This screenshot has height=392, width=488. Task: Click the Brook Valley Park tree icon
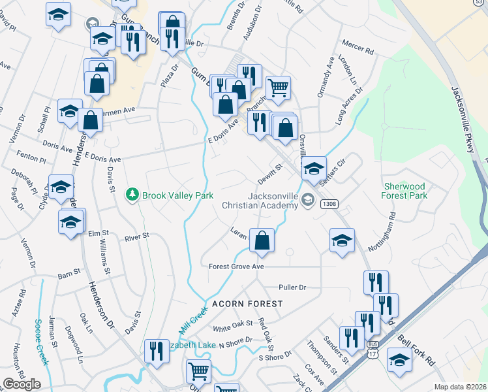(132, 195)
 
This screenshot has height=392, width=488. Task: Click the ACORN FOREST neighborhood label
(247, 304)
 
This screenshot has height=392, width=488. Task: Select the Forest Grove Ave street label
(236, 267)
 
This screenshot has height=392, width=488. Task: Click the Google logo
(22, 384)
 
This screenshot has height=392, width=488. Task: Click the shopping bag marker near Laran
(262, 240)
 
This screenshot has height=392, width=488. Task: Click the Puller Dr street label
(292, 287)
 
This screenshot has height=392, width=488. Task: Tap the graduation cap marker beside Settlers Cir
(314, 169)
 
